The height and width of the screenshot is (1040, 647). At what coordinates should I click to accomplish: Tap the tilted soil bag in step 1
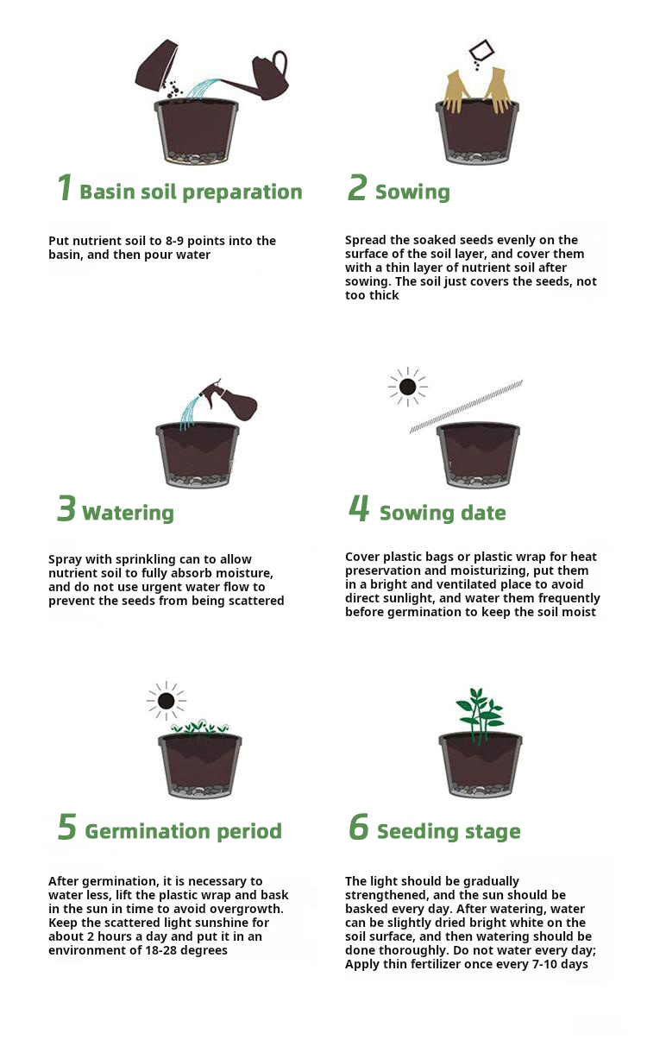click(x=157, y=66)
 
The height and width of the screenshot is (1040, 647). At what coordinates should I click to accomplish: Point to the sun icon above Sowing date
click(x=407, y=387)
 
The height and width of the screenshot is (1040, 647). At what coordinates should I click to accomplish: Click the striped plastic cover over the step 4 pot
click(x=466, y=407)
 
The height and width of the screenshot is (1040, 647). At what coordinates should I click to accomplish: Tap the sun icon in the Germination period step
click(x=166, y=701)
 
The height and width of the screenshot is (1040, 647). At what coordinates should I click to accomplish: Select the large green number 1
click(x=65, y=187)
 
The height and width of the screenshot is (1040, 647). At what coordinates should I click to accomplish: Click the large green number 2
click(x=357, y=187)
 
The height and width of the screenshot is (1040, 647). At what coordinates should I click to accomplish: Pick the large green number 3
click(x=66, y=508)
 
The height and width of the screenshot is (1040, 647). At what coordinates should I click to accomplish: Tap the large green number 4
click(x=359, y=508)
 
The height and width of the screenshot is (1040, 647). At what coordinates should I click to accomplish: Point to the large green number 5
click(x=66, y=827)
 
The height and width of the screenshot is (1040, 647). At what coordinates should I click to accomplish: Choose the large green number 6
click(x=359, y=827)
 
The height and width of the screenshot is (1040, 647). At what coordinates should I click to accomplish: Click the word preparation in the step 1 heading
click(x=242, y=192)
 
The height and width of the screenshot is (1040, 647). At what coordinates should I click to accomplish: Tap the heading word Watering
click(x=128, y=513)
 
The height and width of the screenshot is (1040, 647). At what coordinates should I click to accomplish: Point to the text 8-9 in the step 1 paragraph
click(x=174, y=241)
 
